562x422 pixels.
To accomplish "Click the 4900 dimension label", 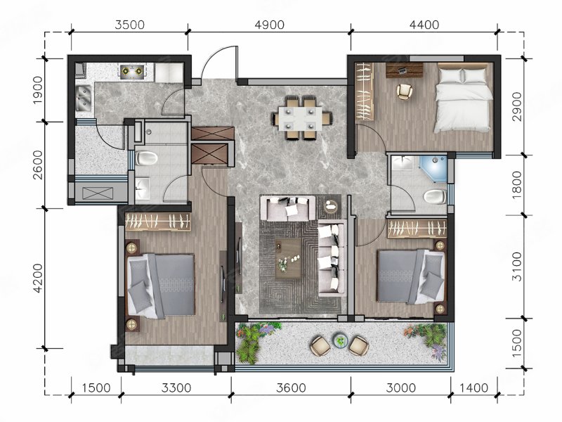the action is [269, 25].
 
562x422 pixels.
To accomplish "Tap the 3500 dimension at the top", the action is [129, 25].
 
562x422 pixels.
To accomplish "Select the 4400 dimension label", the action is [424, 25].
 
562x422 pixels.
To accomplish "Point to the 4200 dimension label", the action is [37, 279].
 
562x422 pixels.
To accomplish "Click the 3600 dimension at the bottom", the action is [291, 388].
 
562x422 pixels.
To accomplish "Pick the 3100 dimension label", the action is [517, 267].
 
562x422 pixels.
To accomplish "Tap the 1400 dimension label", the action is [473, 388].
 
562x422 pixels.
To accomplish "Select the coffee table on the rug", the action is [288, 258].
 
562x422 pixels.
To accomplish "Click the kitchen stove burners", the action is [133, 71].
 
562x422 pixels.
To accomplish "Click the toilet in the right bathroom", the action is [434, 197].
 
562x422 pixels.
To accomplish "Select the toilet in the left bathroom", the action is [146, 158].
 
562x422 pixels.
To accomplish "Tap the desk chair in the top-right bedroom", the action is [405, 91].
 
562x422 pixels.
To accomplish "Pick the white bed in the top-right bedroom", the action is [462, 98].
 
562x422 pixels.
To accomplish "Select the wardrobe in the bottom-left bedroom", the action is [157, 222].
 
